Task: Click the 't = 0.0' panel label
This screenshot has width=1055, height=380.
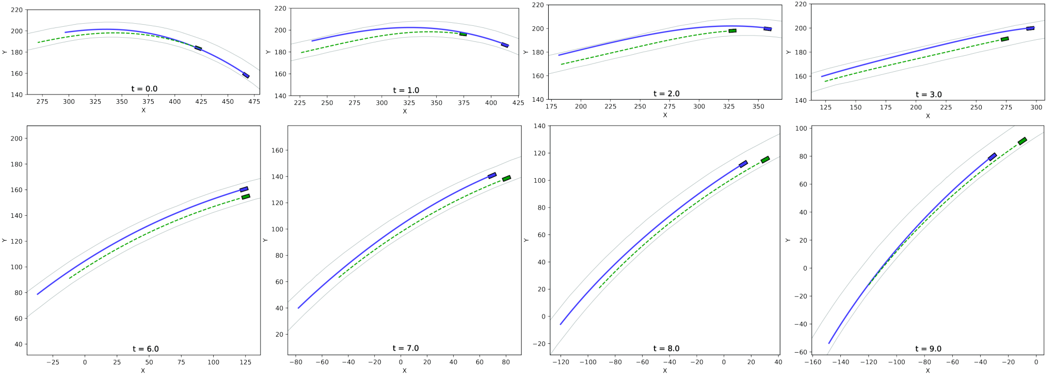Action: (x=145, y=89)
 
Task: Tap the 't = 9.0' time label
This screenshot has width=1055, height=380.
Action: (x=929, y=349)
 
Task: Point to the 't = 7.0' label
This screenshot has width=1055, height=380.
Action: (x=406, y=349)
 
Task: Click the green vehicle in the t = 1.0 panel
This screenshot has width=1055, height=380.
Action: (x=463, y=34)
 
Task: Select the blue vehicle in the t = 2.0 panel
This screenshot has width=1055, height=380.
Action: (x=768, y=29)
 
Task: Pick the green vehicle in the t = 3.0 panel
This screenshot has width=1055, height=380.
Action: (x=1004, y=39)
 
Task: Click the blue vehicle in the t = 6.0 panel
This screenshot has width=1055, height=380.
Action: (x=244, y=189)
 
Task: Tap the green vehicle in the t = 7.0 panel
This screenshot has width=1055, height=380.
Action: (x=506, y=179)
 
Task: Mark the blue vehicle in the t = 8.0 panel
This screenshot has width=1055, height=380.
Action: (x=743, y=164)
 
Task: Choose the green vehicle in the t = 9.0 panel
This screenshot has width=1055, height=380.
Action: (x=1022, y=141)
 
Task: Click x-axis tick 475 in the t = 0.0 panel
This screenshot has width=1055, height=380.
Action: (x=254, y=102)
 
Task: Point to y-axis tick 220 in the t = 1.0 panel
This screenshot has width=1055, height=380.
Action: (x=280, y=8)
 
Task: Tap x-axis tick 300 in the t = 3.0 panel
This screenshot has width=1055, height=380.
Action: (x=1036, y=107)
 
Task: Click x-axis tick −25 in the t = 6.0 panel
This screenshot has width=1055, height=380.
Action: (x=53, y=362)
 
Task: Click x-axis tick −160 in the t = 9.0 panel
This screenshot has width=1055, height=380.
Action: (x=812, y=362)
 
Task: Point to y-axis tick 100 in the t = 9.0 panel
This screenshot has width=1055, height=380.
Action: (x=801, y=129)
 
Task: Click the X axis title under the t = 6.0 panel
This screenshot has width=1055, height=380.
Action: (x=143, y=371)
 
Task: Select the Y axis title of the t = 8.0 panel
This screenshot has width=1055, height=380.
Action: (x=526, y=240)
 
